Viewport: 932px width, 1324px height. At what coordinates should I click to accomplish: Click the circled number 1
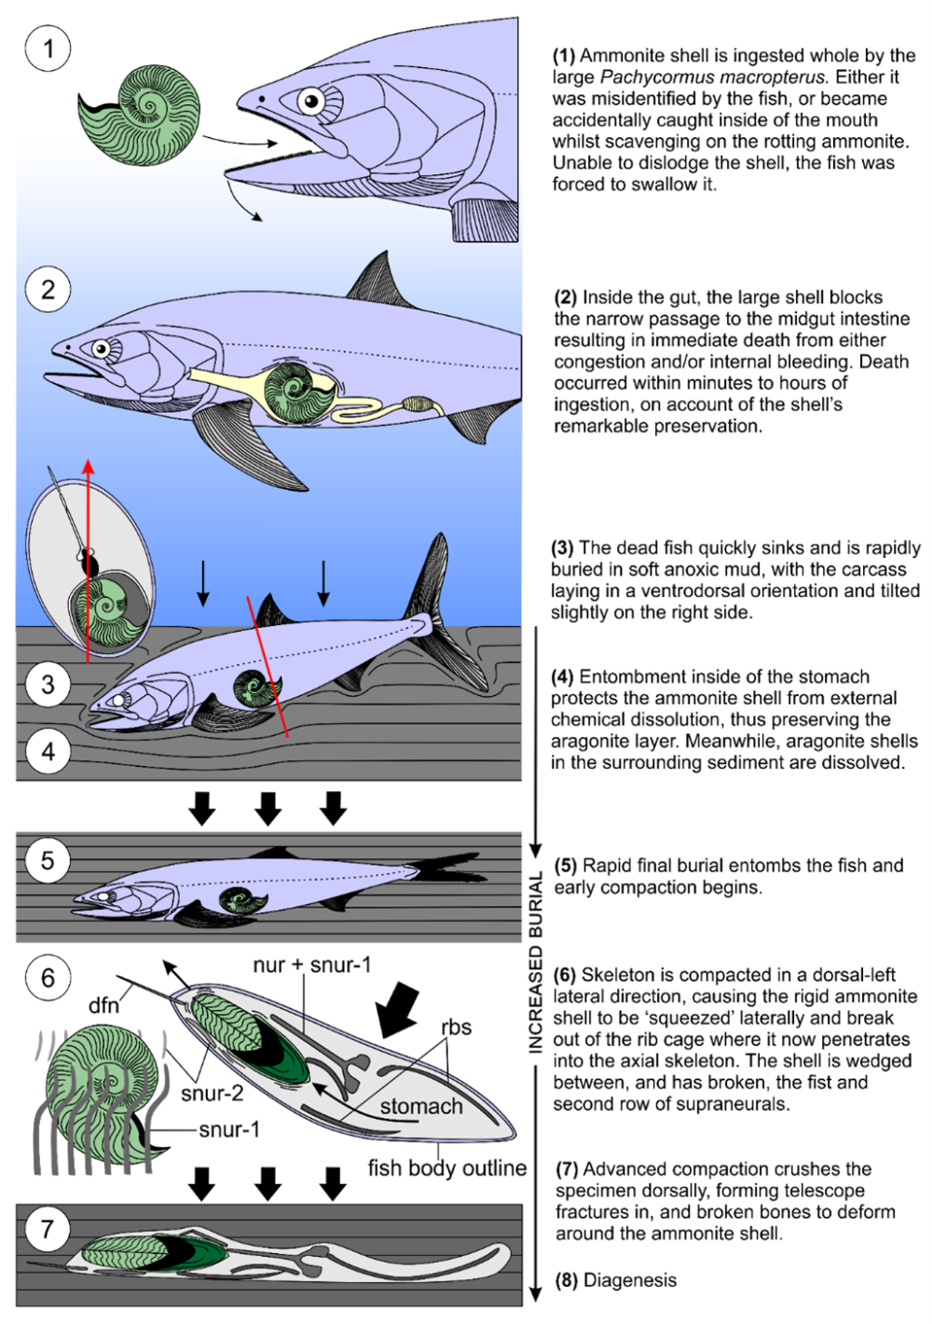[x=48, y=48]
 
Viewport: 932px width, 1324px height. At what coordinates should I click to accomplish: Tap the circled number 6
[x=48, y=977]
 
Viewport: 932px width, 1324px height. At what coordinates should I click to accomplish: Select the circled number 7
[x=48, y=1229]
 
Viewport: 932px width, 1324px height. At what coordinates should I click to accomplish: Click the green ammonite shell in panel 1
[x=142, y=114]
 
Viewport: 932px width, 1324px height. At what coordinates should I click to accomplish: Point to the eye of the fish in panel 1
[x=310, y=101]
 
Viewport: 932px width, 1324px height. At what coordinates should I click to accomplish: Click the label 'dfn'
[x=103, y=1004]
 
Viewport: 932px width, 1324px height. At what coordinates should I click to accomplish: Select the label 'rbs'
[x=456, y=1027]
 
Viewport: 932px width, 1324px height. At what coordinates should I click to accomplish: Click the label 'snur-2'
[x=212, y=1093]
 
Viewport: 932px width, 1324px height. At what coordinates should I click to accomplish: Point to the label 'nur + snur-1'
[x=311, y=964]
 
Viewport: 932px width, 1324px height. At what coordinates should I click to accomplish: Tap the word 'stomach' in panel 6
[x=421, y=1106]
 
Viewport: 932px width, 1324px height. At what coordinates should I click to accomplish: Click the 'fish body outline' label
[x=446, y=1167]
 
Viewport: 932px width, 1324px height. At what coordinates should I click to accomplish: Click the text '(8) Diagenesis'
[x=616, y=1280]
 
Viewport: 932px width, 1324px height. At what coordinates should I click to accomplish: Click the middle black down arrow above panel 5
[x=268, y=808]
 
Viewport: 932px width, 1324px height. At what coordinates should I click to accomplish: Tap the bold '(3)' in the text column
[x=563, y=548]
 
